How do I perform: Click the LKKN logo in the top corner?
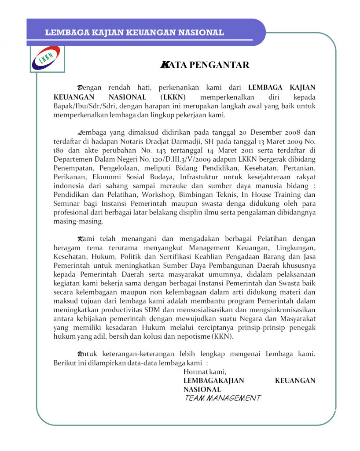(x=48, y=59)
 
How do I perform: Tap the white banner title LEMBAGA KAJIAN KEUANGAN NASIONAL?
(x=134, y=33)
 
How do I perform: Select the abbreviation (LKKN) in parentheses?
(x=173, y=97)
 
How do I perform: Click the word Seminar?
(x=67, y=204)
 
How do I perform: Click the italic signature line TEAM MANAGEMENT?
(x=222, y=398)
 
